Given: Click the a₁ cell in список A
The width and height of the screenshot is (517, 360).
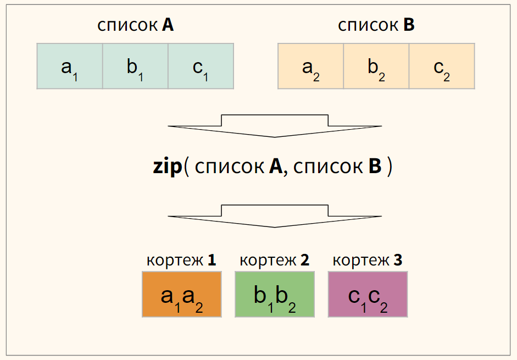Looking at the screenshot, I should [x=70, y=67].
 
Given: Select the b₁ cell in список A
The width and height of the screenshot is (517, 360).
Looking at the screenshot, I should [x=135, y=67].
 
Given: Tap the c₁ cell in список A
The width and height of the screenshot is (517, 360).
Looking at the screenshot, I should [x=201, y=67].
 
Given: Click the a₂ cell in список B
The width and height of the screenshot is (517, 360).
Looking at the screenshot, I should [x=310, y=67].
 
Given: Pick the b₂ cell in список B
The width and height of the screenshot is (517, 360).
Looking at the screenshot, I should [x=376, y=67].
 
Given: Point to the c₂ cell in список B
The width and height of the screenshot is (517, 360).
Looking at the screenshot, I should [x=442, y=67].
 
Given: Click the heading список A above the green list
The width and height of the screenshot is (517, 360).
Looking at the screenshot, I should [x=135, y=25].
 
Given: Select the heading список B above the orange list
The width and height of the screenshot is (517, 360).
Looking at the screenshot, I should [x=376, y=25].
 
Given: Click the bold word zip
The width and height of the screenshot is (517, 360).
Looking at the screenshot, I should [x=167, y=167].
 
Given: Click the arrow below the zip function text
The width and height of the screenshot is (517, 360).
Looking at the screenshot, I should [x=275, y=217].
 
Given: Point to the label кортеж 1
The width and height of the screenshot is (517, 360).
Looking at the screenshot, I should [x=181, y=260].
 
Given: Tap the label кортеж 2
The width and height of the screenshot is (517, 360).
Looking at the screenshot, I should [x=275, y=260].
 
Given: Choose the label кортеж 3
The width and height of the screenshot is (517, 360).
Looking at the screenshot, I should [x=368, y=260].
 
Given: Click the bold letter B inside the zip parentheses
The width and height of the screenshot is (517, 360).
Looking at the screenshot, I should [x=375, y=167].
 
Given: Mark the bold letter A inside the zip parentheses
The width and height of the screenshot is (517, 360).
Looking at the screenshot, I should [x=275, y=167].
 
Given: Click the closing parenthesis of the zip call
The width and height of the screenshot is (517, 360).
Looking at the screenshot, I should [x=390, y=167].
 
